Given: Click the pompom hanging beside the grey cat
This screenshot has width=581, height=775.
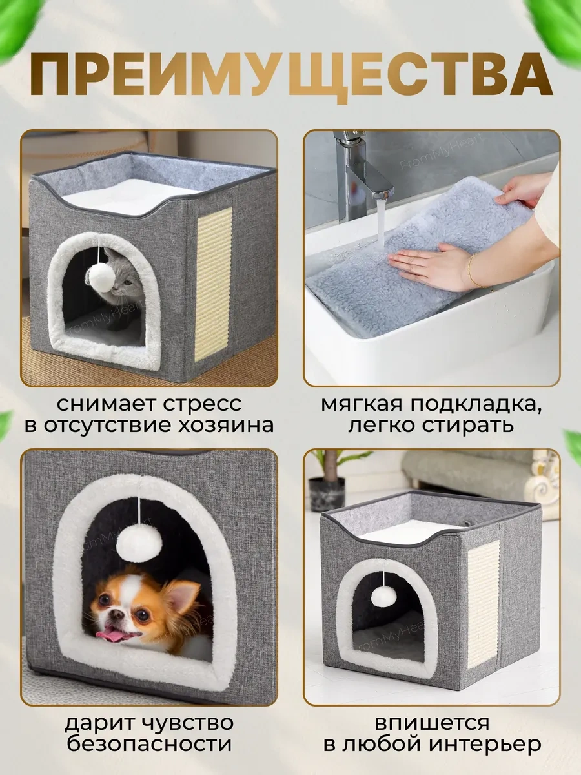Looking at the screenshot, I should pyautogui.click(x=101, y=278).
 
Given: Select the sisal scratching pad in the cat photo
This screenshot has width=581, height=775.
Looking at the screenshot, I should pyautogui.click(x=212, y=284).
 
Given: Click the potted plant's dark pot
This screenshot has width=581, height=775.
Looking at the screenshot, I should pyautogui.click(x=327, y=495).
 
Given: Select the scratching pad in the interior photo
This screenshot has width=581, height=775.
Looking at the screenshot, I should pyautogui.click(x=483, y=603).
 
